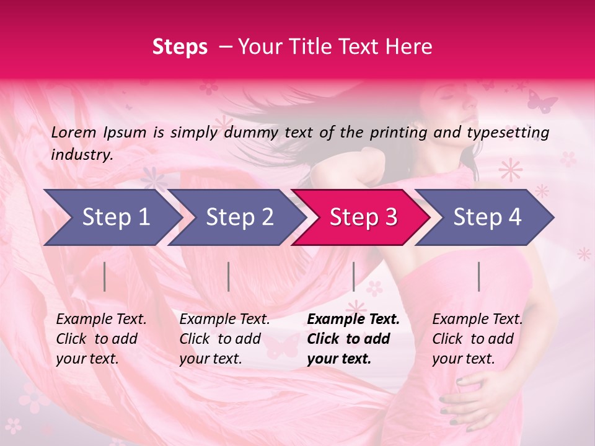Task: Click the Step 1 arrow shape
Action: point(112,217)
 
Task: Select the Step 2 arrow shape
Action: point(236,217)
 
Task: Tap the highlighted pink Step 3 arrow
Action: point(359,217)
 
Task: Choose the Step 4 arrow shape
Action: point(484,217)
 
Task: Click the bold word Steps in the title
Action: point(180,47)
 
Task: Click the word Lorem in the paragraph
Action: point(74,133)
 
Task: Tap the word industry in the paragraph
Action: point(81,155)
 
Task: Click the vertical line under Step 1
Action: point(105,276)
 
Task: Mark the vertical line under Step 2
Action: point(229,276)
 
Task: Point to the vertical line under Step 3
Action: point(353,276)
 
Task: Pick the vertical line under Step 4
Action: point(478,276)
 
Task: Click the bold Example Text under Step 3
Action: point(353,320)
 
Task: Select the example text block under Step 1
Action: point(101,339)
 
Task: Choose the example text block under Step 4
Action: point(477,339)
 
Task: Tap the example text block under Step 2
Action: point(224,339)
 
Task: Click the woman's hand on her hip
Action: point(472,403)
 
